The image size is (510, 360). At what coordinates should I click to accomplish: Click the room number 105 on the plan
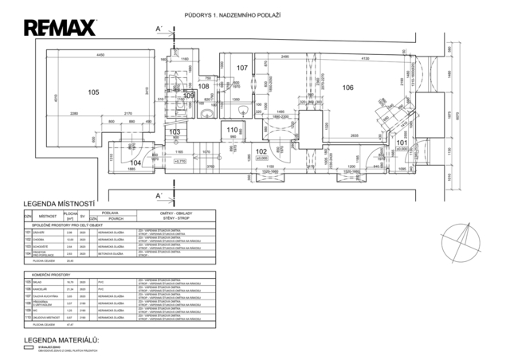point(93,92)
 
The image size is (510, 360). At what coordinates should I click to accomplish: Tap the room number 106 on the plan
point(347,88)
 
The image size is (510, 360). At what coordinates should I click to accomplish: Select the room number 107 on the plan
point(243,68)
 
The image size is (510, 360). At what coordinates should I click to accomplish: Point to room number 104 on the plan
point(135,162)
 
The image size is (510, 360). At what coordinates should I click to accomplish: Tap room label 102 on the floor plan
point(261,150)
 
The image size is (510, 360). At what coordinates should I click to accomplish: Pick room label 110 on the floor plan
point(233,130)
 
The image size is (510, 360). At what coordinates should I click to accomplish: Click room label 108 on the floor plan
point(204,86)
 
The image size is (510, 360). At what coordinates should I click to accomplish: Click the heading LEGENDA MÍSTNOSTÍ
point(60,204)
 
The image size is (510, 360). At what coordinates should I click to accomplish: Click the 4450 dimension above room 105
point(101,53)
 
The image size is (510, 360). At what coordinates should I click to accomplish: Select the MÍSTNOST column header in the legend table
point(47,216)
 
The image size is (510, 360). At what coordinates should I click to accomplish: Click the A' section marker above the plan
point(159,29)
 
